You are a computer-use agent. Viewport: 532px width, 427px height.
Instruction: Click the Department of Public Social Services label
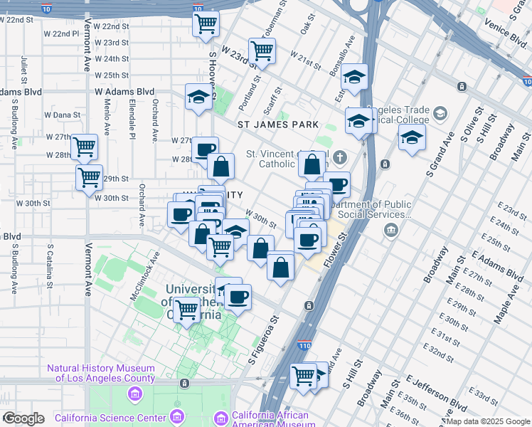point(374,209)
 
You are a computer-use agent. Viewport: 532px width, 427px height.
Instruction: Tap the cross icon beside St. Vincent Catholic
point(340,157)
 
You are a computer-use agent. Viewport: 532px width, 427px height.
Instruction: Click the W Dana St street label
point(63,115)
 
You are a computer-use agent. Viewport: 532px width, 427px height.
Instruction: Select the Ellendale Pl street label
point(132,120)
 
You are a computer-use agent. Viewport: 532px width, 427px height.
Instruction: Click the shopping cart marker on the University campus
point(186,310)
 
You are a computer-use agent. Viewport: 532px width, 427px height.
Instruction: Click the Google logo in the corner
point(23,418)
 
